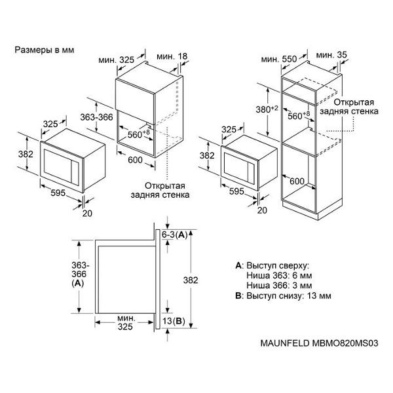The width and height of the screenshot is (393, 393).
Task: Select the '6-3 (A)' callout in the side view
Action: click(175, 235)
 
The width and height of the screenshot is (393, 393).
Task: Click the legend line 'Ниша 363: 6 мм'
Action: click(278, 276)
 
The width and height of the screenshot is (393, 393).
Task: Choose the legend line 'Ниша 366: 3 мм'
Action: click(278, 286)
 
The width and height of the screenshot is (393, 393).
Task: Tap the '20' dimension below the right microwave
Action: click(263, 210)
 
